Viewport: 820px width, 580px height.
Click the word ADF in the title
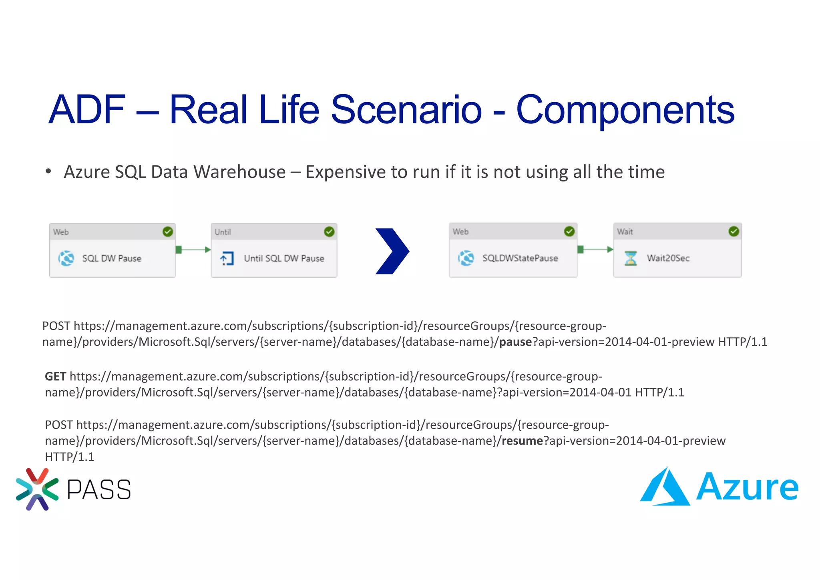(87, 109)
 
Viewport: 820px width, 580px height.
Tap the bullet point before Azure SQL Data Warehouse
(48, 172)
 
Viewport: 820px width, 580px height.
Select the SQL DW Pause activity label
(112, 258)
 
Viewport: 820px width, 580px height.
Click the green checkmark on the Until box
(329, 232)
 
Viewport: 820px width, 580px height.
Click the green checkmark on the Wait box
(734, 231)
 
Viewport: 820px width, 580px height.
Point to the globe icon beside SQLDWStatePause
(466, 258)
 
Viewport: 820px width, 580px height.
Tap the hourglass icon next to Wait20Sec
(631, 258)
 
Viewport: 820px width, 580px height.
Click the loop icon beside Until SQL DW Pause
(227, 258)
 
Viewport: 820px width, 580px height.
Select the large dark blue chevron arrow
(392, 251)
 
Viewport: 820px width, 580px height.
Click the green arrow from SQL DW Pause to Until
(193, 250)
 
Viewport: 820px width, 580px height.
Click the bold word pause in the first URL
(515, 342)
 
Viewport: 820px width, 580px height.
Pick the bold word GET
(55, 377)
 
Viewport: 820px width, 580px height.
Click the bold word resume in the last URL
(522, 441)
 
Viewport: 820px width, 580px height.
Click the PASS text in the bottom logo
(99, 489)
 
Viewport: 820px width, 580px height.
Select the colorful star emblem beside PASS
(37, 489)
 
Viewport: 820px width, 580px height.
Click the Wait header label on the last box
(625, 232)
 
